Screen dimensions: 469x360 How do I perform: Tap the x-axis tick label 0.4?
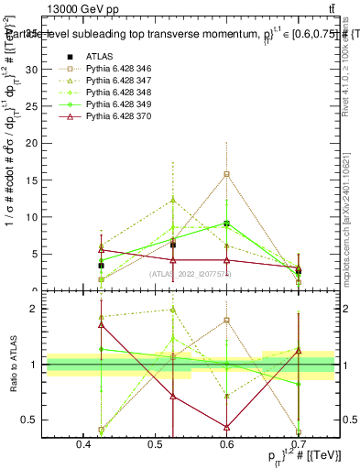84,442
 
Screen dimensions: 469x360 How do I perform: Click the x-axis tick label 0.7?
299,442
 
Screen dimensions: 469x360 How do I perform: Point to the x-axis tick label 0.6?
227,442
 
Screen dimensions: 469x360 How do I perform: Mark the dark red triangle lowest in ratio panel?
226,427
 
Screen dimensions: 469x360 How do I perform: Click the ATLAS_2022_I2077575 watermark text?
191,274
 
